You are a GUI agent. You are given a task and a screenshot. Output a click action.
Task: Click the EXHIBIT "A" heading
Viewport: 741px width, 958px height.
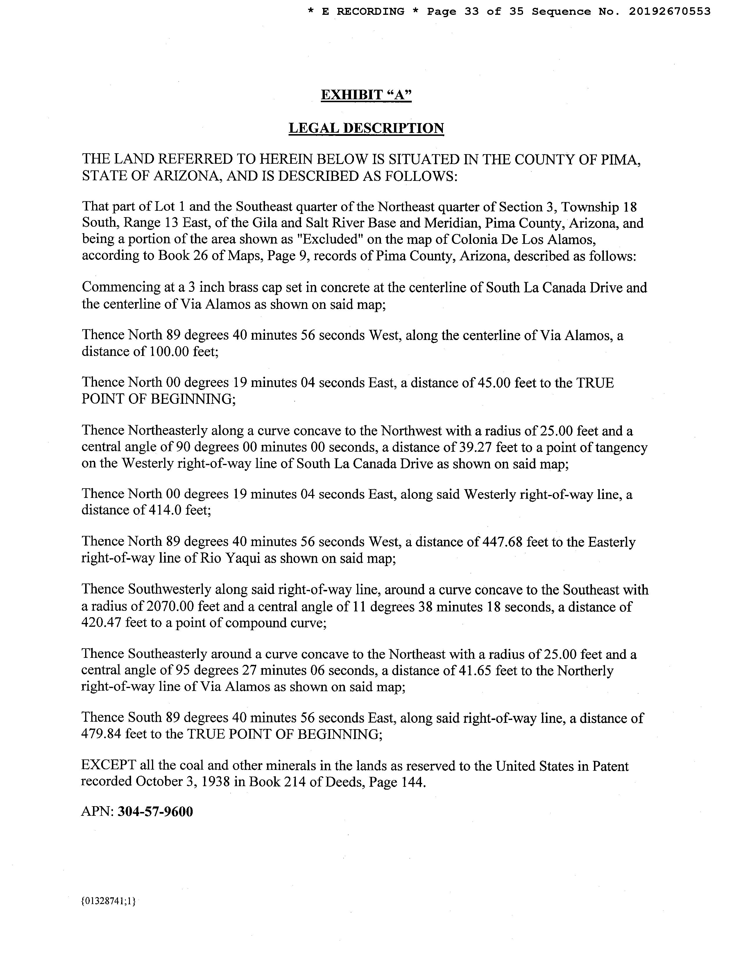(366, 95)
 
